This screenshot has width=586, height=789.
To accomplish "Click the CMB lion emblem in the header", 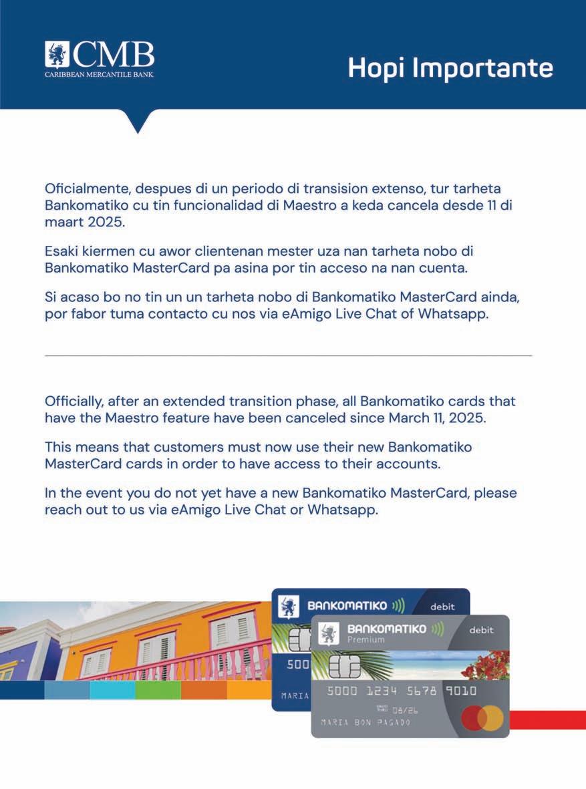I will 57,55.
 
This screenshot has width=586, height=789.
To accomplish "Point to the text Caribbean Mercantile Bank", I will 99,74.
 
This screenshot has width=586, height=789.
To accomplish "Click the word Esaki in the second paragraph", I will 62,251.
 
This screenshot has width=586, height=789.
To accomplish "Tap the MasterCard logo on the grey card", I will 482,719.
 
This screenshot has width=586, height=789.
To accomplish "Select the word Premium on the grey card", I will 365,640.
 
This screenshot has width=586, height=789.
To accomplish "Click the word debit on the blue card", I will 442,607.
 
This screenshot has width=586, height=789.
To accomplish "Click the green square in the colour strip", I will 158,690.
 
